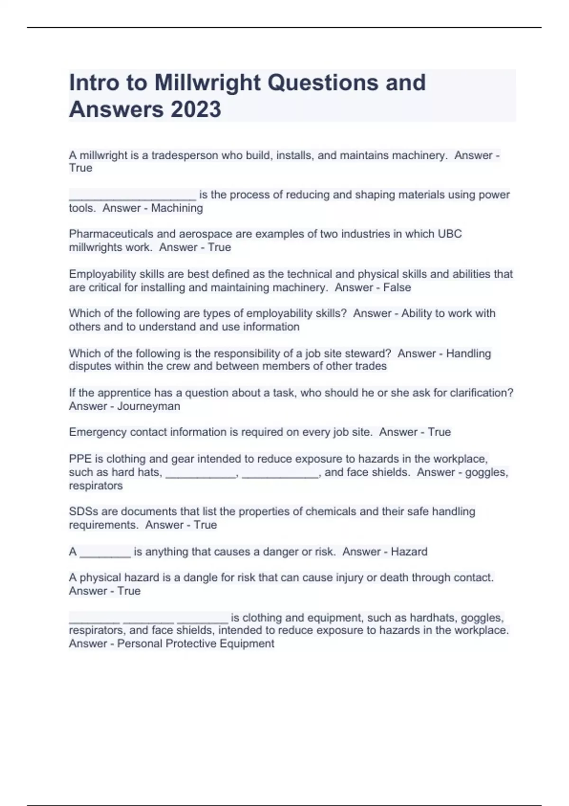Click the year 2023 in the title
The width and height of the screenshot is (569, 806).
195,110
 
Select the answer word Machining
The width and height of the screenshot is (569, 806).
177,208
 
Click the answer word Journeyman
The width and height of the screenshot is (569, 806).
148,406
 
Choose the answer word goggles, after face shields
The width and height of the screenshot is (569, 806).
486,472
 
